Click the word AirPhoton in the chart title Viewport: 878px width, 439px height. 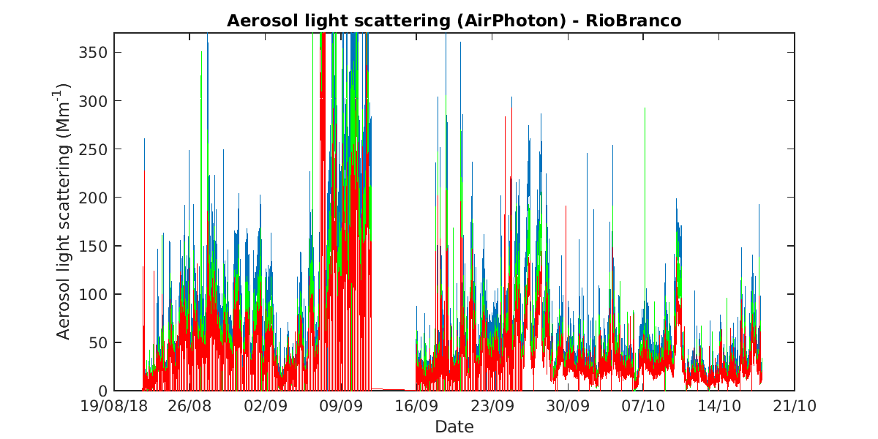pos(511,20)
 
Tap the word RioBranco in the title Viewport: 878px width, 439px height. pos(634,20)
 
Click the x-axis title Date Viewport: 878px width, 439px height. pos(454,427)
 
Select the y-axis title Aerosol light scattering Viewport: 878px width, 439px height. pos(63,242)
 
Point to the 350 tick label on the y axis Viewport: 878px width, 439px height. pos(94,53)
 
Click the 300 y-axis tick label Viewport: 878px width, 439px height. pos(94,101)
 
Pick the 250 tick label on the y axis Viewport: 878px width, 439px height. pos(94,149)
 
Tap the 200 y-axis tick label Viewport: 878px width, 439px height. pos(94,198)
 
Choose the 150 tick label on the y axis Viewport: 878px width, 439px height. pos(94,246)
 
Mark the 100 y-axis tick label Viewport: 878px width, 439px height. pos(94,294)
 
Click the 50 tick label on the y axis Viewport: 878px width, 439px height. pos(98,343)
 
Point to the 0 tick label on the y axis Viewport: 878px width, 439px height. pos(103,391)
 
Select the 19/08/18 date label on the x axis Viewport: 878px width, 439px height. pos(113,406)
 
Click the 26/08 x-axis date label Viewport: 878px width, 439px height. pos(190,406)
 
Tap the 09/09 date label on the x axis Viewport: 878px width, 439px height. pos(341,406)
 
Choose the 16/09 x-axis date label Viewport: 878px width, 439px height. pos(416,406)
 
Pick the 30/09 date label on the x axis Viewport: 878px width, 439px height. pos(568,406)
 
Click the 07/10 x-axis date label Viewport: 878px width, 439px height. pos(643,406)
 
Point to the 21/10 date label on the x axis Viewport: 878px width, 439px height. pos(795,406)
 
